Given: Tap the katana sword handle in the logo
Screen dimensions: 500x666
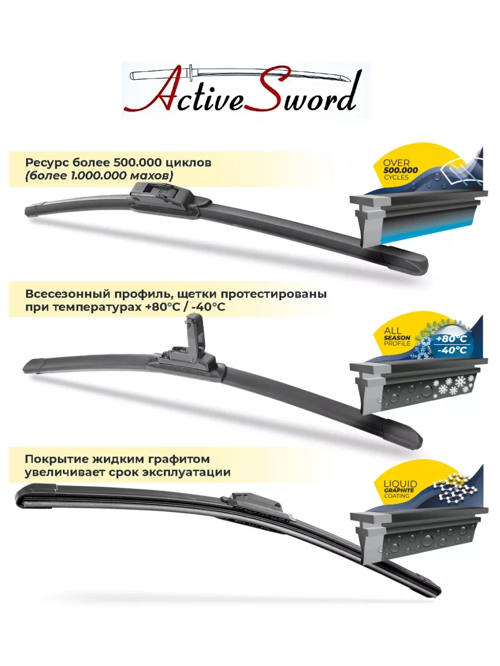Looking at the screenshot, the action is click(161, 74).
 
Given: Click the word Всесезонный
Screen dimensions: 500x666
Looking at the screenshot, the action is click(67, 294).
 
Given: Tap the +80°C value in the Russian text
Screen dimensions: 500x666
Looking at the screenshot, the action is click(165, 307).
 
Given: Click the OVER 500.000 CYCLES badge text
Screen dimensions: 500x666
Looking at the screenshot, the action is click(400, 170).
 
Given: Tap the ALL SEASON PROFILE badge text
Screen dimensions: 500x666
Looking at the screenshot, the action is click(397, 337).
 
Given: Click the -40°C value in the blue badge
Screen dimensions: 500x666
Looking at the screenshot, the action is click(452, 350).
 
